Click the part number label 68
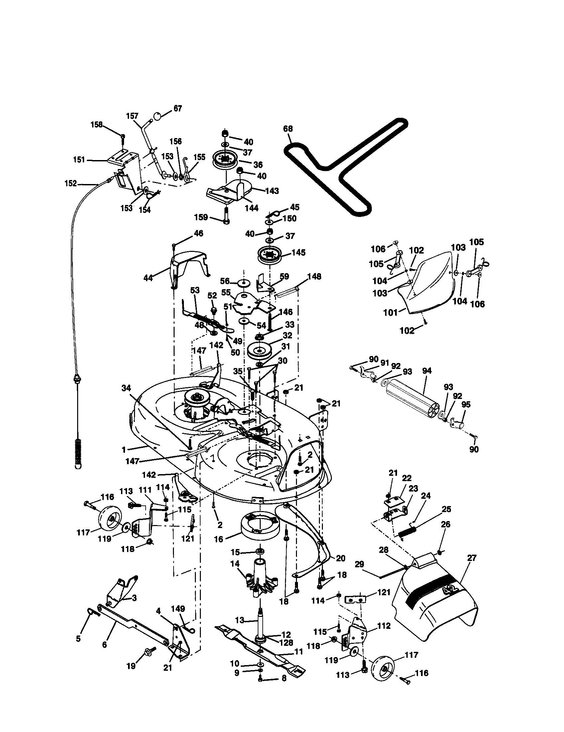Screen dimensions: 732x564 (288, 129)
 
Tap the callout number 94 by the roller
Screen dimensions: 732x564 (427, 371)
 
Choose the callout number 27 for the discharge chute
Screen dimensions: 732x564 (472, 558)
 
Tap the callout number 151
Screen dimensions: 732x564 (79, 160)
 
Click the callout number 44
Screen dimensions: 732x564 (148, 278)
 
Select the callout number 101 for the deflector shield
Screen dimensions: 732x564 (390, 312)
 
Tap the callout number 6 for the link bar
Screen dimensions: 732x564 (104, 644)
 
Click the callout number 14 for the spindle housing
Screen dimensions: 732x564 (235, 564)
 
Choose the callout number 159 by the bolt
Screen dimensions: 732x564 (201, 217)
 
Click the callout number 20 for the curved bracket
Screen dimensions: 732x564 (340, 558)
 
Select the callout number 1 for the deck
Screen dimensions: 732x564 (124, 450)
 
